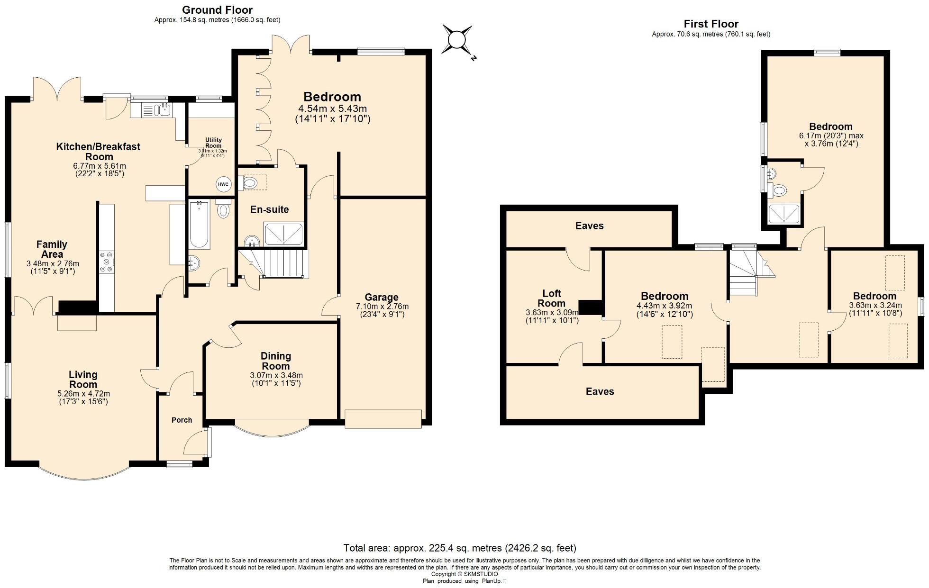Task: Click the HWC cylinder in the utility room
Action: [223, 184]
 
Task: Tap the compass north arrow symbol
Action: [457, 40]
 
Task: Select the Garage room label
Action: [381, 298]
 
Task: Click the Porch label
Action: [182, 420]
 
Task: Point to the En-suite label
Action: [269, 209]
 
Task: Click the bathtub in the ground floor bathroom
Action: [199, 225]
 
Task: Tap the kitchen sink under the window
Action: [164, 110]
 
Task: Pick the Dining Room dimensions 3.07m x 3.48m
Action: [276, 375]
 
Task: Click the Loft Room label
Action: [552, 299]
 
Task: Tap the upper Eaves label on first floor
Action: [589, 226]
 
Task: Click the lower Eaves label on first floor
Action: [600, 391]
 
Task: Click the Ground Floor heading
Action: [217, 10]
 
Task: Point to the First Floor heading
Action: [710, 24]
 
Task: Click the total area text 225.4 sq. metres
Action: [459, 548]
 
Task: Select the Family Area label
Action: [52, 249]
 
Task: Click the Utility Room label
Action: [213, 143]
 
